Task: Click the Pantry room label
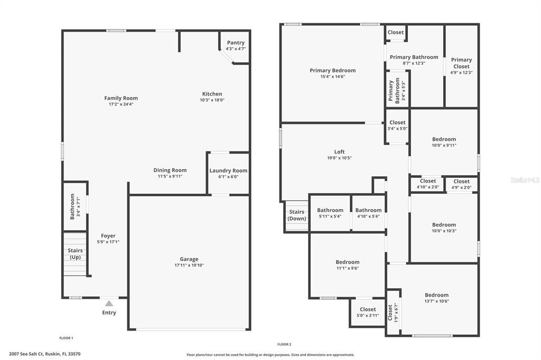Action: point(236,43)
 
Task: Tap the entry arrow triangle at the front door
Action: point(109,304)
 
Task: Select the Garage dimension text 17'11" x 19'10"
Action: point(189,266)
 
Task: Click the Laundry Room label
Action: point(228,170)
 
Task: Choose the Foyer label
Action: point(108,236)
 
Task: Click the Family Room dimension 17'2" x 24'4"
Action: point(121,105)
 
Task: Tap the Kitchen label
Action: point(212,94)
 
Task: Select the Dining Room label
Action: point(170,170)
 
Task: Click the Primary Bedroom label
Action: point(332,70)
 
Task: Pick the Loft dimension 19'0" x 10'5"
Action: point(339,158)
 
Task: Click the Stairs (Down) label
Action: point(297,215)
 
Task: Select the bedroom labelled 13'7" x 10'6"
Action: point(436,295)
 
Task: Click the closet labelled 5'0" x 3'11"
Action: point(368,309)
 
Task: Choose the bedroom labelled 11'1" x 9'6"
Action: point(347,262)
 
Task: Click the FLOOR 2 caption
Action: point(284,344)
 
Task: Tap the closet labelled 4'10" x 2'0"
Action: point(428,181)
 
